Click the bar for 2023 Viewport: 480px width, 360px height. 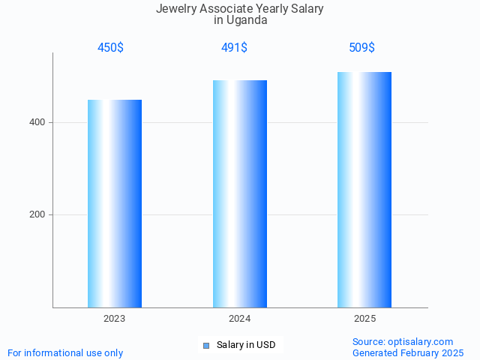pyautogui.click(x=115, y=203)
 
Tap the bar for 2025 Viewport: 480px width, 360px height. pyautogui.click(x=364, y=190)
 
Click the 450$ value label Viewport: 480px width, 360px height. pyautogui.click(x=110, y=48)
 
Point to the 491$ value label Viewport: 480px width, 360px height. pyautogui.click(x=234, y=48)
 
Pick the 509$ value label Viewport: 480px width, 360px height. pyautogui.click(x=361, y=48)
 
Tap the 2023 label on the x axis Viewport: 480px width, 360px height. pyautogui.click(x=115, y=319)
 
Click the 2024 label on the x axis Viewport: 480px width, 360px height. pyautogui.click(x=240, y=319)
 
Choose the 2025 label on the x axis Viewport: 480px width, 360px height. pyautogui.click(x=364, y=319)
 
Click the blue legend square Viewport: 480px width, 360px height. pyautogui.click(x=206, y=346)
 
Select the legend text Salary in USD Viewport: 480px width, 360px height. pyautogui.click(x=246, y=345)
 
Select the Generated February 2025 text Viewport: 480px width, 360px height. pyautogui.click(x=408, y=352)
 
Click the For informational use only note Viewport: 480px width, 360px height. pyautogui.click(x=65, y=352)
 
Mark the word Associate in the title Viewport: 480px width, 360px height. pyautogui.click(x=227, y=9)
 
